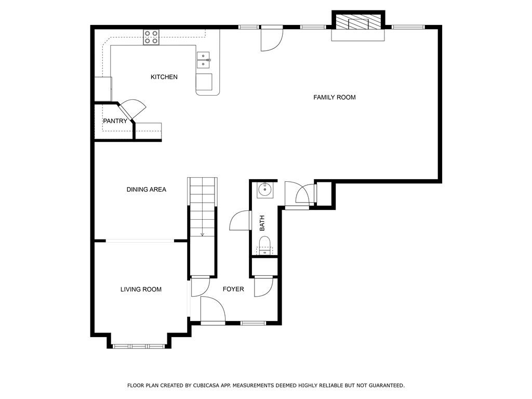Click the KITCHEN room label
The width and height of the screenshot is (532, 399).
pyautogui.click(x=164, y=77)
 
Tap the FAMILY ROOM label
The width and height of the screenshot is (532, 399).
pyautogui.click(x=335, y=97)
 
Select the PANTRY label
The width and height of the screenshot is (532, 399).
pyautogui.click(x=115, y=121)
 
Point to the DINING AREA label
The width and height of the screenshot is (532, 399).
pyautogui.click(x=146, y=189)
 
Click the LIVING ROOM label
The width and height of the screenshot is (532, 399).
pyautogui.click(x=141, y=289)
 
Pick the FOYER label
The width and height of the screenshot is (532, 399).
pyautogui.click(x=233, y=289)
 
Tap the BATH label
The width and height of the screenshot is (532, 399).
pyautogui.click(x=262, y=223)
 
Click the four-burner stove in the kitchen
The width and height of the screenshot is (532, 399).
pyautogui.click(x=151, y=37)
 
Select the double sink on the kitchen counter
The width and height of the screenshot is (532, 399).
pyautogui.click(x=203, y=60)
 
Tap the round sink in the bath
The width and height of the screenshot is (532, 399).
pyautogui.click(x=264, y=190)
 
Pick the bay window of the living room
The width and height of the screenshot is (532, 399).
pyautogui.click(x=138, y=347)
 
